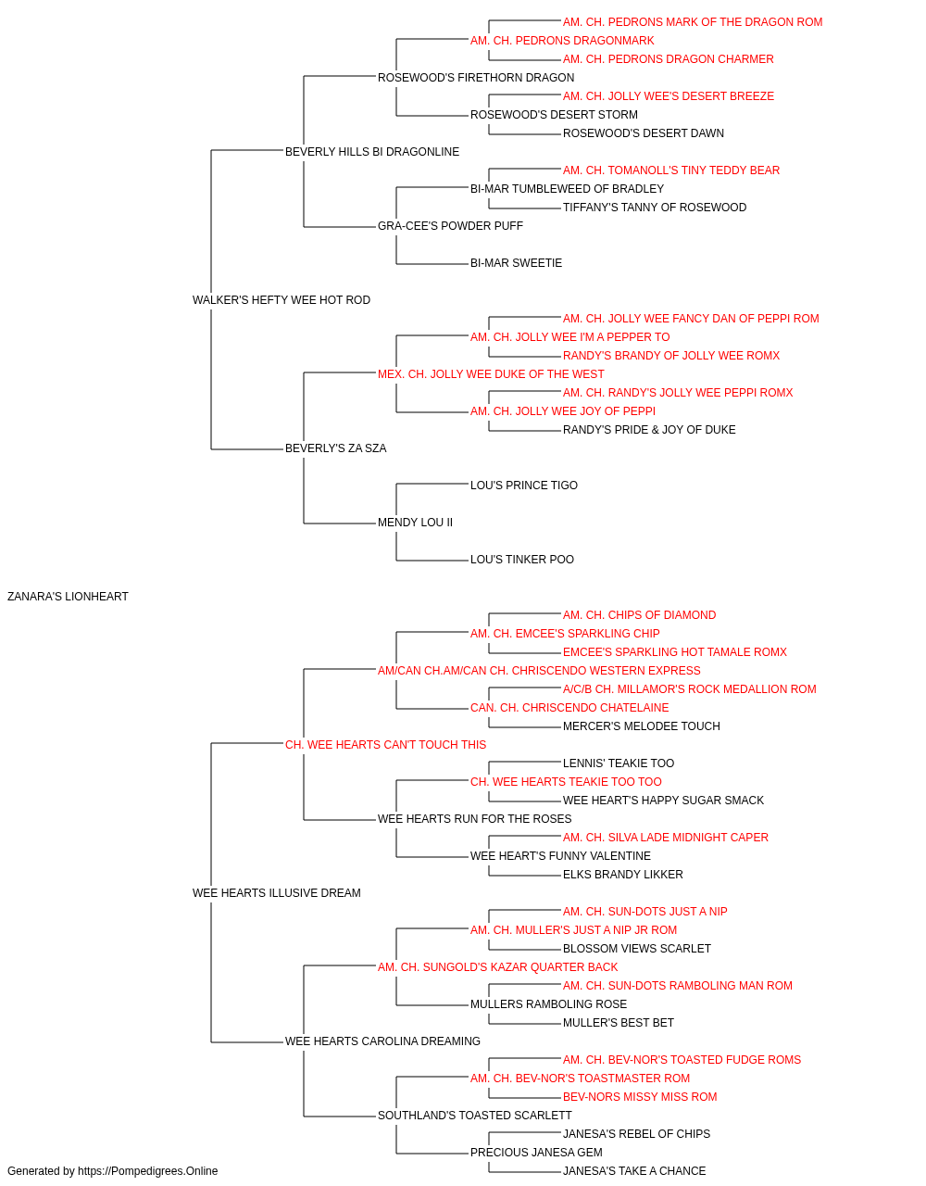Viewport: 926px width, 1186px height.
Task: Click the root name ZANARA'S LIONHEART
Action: coord(68,597)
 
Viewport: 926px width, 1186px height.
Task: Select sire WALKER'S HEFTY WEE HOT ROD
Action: coord(282,300)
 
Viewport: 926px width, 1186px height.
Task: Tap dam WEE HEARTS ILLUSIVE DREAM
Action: coord(277,893)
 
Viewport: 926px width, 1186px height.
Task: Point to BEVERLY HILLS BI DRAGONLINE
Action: coord(372,152)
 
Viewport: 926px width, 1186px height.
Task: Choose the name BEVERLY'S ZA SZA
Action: coord(335,448)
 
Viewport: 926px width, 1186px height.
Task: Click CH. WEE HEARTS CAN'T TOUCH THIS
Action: coord(385,744)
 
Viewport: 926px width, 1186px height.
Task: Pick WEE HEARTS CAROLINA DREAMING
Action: coord(382,1041)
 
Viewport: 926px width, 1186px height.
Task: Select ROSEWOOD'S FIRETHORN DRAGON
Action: coord(476,78)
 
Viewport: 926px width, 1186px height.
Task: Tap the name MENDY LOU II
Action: coord(415,523)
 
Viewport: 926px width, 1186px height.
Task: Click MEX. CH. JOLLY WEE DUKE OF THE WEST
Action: coord(491,373)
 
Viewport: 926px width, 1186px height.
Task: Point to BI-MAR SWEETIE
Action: coord(516,263)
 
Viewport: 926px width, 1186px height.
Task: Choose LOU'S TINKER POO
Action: coord(522,560)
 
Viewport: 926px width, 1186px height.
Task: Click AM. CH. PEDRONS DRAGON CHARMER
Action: coord(668,59)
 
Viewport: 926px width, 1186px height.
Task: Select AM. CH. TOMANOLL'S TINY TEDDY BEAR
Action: coord(671,170)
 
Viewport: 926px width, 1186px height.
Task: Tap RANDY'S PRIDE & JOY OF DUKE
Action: coord(649,430)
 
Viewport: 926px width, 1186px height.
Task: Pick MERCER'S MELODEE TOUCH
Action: coord(642,725)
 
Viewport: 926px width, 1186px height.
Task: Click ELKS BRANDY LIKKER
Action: coord(623,875)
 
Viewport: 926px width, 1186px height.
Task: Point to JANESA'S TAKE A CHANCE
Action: coord(634,1171)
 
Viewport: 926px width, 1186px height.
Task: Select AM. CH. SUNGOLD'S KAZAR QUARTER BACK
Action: coord(497,967)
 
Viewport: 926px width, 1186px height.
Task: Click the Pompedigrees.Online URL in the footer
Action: coord(147,1171)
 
